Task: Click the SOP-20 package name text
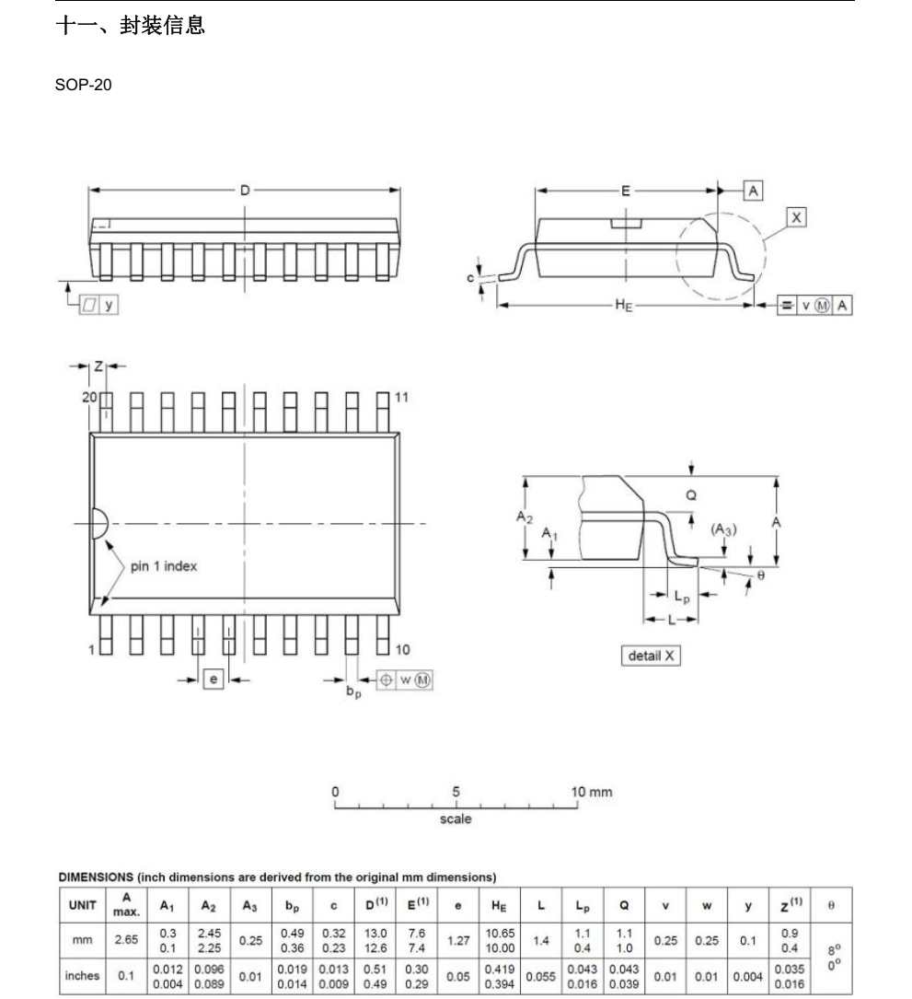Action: pyautogui.click(x=83, y=85)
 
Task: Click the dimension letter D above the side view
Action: pyautogui.click(x=245, y=190)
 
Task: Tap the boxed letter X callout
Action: pyautogui.click(x=796, y=217)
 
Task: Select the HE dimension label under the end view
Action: pyautogui.click(x=624, y=305)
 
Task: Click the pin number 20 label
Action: pyautogui.click(x=89, y=397)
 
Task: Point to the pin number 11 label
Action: pyautogui.click(x=401, y=397)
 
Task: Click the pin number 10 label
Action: pyautogui.click(x=402, y=649)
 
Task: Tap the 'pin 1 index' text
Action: pyautogui.click(x=164, y=565)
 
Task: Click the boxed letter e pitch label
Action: pyautogui.click(x=214, y=680)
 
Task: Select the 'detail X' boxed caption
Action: pyautogui.click(x=651, y=656)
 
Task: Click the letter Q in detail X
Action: pyautogui.click(x=691, y=495)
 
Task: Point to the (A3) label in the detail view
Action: pyautogui.click(x=723, y=529)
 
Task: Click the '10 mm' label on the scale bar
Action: pyautogui.click(x=591, y=792)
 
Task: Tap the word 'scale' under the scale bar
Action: pyautogui.click(x=456, y=819)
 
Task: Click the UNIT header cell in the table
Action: pyautogui.click(x=82, y=905)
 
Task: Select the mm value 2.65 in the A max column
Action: pyautogui.click(x=126, y=940)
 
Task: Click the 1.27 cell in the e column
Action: pyautogui.click(x=458, y=940)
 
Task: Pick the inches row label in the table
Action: pyautogui.click(x=82, y=975)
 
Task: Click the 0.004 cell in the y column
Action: pyautogui.click(x=747, y=976)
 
